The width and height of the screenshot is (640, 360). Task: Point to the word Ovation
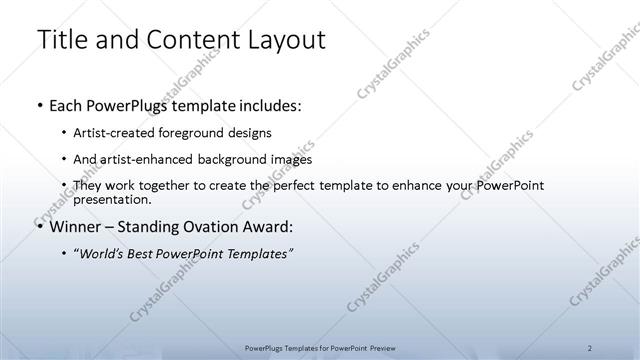point(206,226)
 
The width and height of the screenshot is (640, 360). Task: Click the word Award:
point(266,226)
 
